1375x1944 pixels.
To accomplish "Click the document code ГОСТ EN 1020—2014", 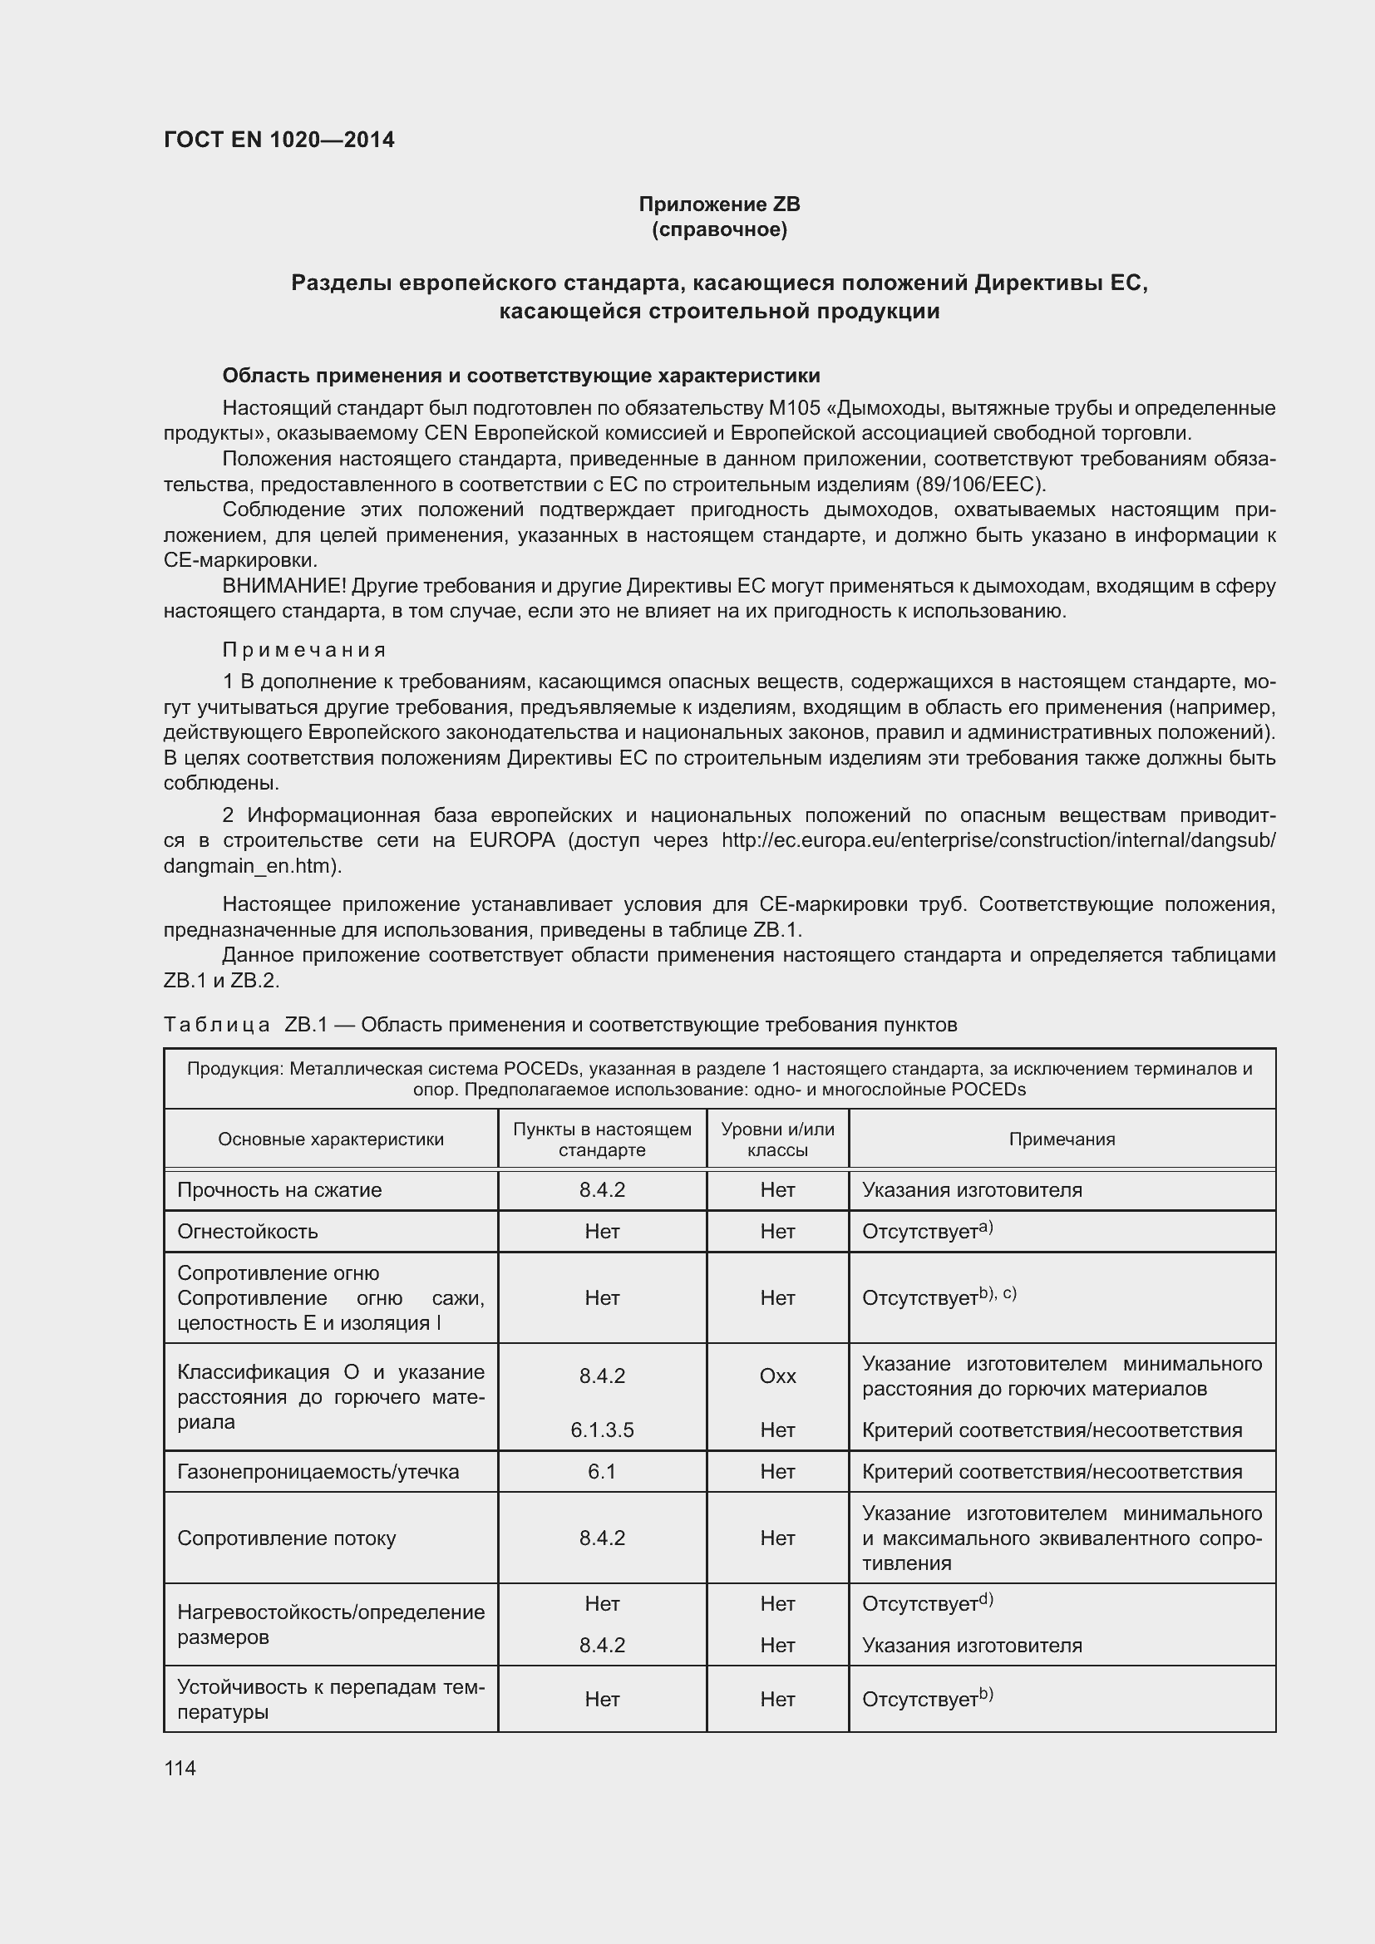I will point(278,140).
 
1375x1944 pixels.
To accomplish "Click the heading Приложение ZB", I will point(719,204).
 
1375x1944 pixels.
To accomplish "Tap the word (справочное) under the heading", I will point(719,229).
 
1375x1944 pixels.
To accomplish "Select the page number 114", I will point(180,1768).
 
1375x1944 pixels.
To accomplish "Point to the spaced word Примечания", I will point(304,649).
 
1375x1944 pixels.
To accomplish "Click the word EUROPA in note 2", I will point(512,840).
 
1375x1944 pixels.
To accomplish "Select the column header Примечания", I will point(1061,1139).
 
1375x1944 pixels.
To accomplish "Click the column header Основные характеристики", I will point(331,1139).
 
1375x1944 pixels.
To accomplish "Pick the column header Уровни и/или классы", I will point(777,1139).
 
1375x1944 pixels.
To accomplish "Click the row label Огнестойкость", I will point(247,1231).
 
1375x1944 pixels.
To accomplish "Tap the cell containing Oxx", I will point(777,1376).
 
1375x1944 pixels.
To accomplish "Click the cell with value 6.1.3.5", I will point(602,1430).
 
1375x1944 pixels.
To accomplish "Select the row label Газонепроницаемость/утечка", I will point(318,1472).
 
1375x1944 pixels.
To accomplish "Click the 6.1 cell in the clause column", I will point(602,1472).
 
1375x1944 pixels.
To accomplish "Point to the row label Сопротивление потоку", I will point(286,1538).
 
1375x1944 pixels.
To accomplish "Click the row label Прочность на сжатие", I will point(279,1189).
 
